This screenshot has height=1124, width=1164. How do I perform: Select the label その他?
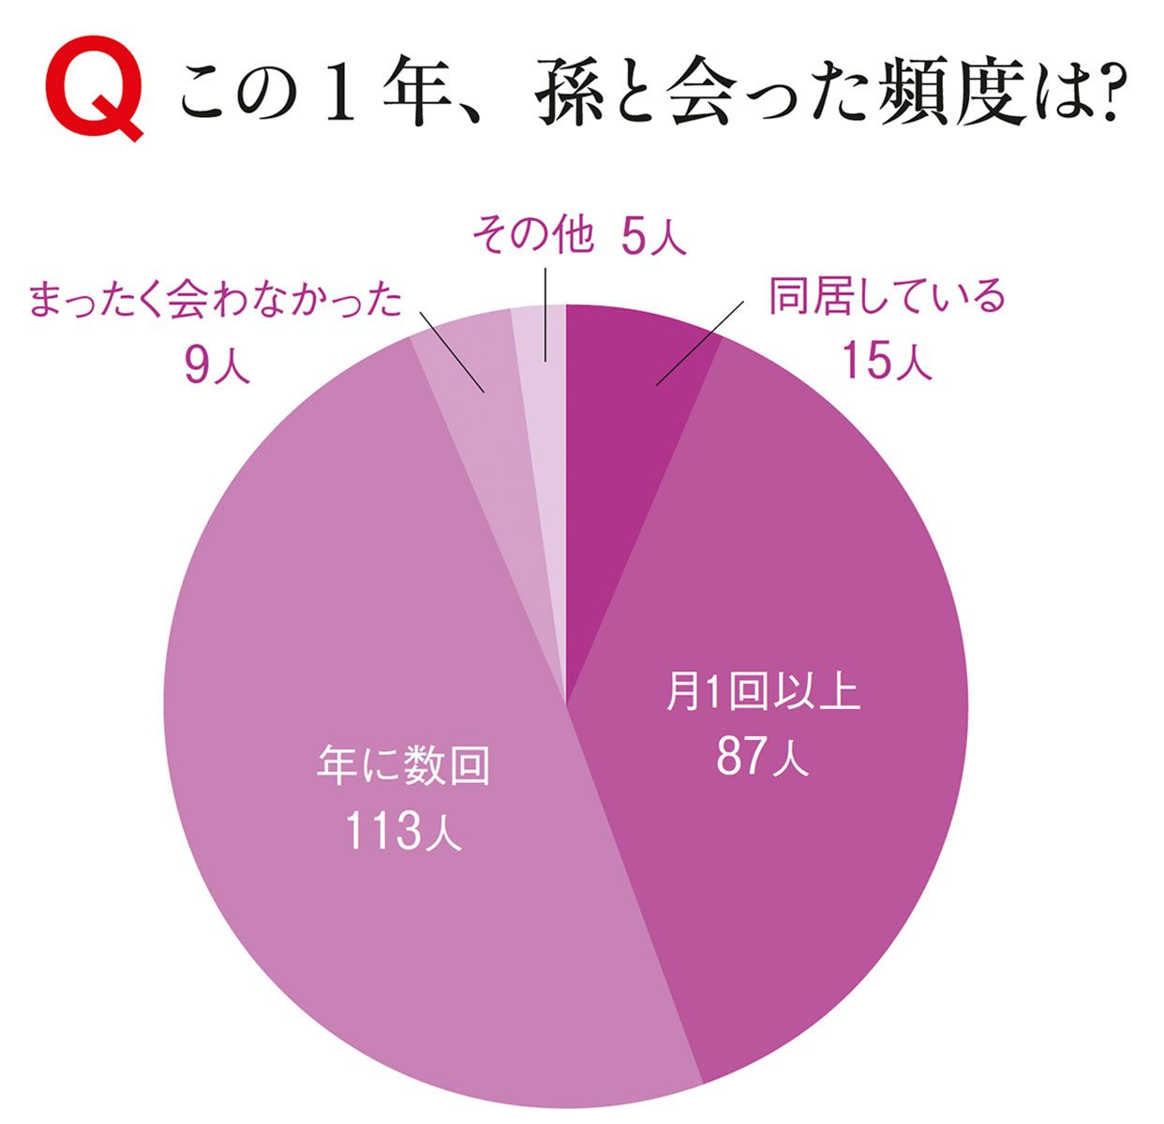click(x=532, y=236)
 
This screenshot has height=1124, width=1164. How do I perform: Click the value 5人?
click(x=653, y=237)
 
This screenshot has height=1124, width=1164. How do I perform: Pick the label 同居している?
click(x=886, y=297)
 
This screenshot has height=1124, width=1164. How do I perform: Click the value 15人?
click(x=886, y=360)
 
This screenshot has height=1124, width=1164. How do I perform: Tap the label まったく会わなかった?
click(x=216, y=302)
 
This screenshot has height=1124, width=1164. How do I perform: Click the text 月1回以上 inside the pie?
click(x=762, y=694)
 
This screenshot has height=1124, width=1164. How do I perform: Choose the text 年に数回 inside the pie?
click(x=403, y=766)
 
